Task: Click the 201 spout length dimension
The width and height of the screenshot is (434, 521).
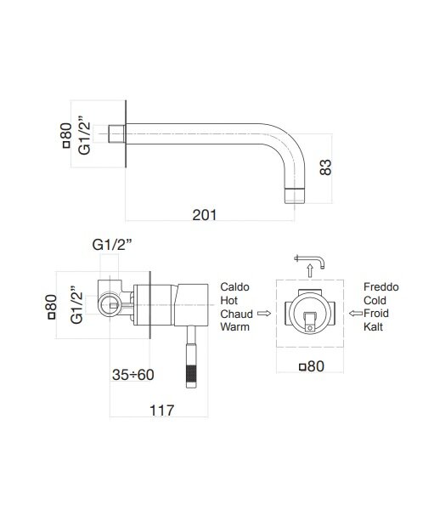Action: (203, 216)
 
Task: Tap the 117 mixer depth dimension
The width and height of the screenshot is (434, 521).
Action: (161, 411)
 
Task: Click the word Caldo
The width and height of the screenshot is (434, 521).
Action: (234, 286)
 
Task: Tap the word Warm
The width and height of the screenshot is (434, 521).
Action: (235, 327)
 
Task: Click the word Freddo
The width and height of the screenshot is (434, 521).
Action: (381, 286)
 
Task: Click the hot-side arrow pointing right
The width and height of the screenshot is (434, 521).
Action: (264, 314)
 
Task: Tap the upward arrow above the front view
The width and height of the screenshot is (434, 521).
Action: (310, 269)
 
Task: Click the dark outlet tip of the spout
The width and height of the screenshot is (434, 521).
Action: (295, 195)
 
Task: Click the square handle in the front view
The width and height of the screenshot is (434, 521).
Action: (310, 318)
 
